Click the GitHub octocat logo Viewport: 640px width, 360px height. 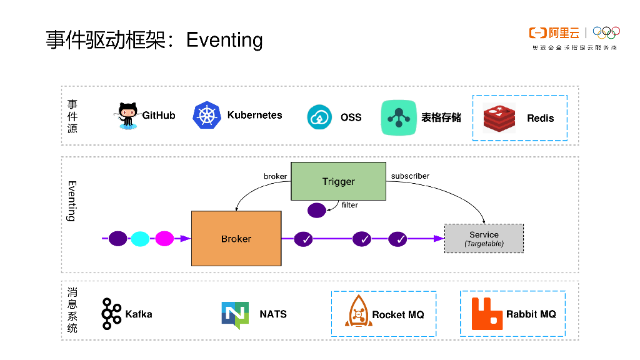tap(128, 116)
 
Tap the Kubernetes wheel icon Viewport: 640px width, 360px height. tap(207, 116)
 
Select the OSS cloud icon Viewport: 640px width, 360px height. tap(319, 117)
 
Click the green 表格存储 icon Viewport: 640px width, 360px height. tap(399, 117)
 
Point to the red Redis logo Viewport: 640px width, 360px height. tap(499, 118)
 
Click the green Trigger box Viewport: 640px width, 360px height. tap(338, 181)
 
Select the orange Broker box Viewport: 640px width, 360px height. tap(236, 239)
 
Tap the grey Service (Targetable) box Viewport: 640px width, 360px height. tap(484, 238)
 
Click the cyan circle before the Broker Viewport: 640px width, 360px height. tap(141, 238)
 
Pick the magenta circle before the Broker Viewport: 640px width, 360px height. tap(164, 238)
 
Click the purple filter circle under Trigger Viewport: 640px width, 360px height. tap(317, 210)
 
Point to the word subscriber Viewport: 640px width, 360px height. tap(410, 176)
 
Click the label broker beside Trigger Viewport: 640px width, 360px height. tap(275, 176)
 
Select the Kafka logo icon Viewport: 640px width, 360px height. tap(111, 314)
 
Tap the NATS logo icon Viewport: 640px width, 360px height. tap(235, 315)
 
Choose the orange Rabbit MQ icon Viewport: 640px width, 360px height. tap(487, 314)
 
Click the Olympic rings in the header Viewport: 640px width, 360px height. tap(606, 32)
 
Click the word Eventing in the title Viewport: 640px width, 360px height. tap(224, 40)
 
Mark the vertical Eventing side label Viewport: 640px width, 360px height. tap(72, 201)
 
